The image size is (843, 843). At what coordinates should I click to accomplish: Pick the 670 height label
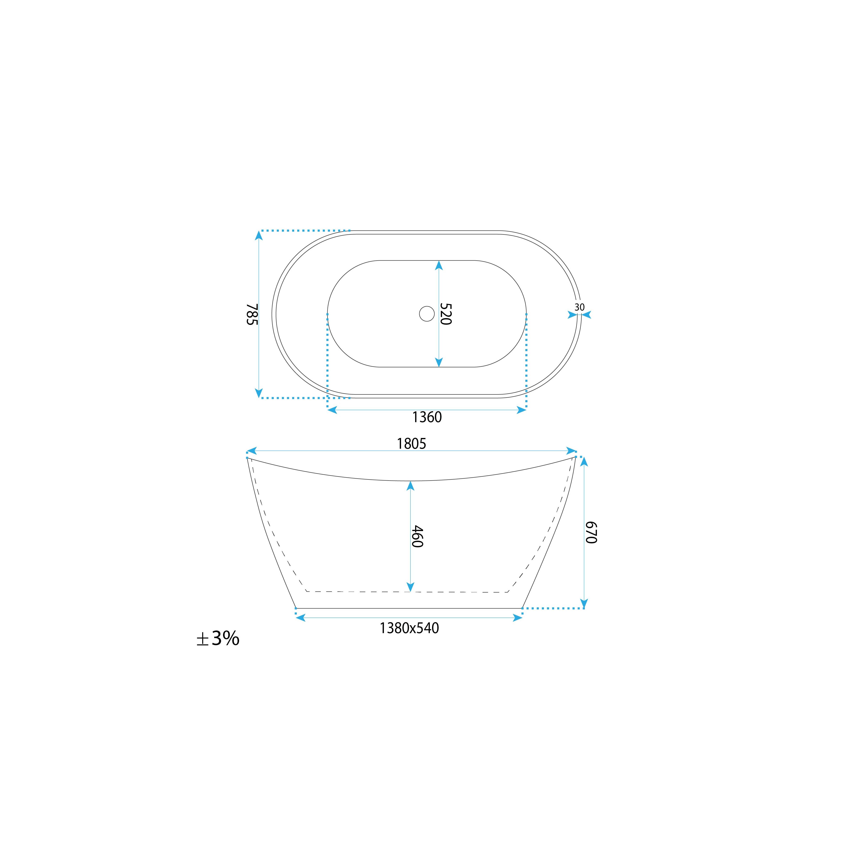click(x=591, y=532)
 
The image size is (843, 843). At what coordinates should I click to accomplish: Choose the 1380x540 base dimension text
click(x=409, y=628)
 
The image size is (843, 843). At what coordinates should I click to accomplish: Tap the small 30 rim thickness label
click(x=580, y=307)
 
